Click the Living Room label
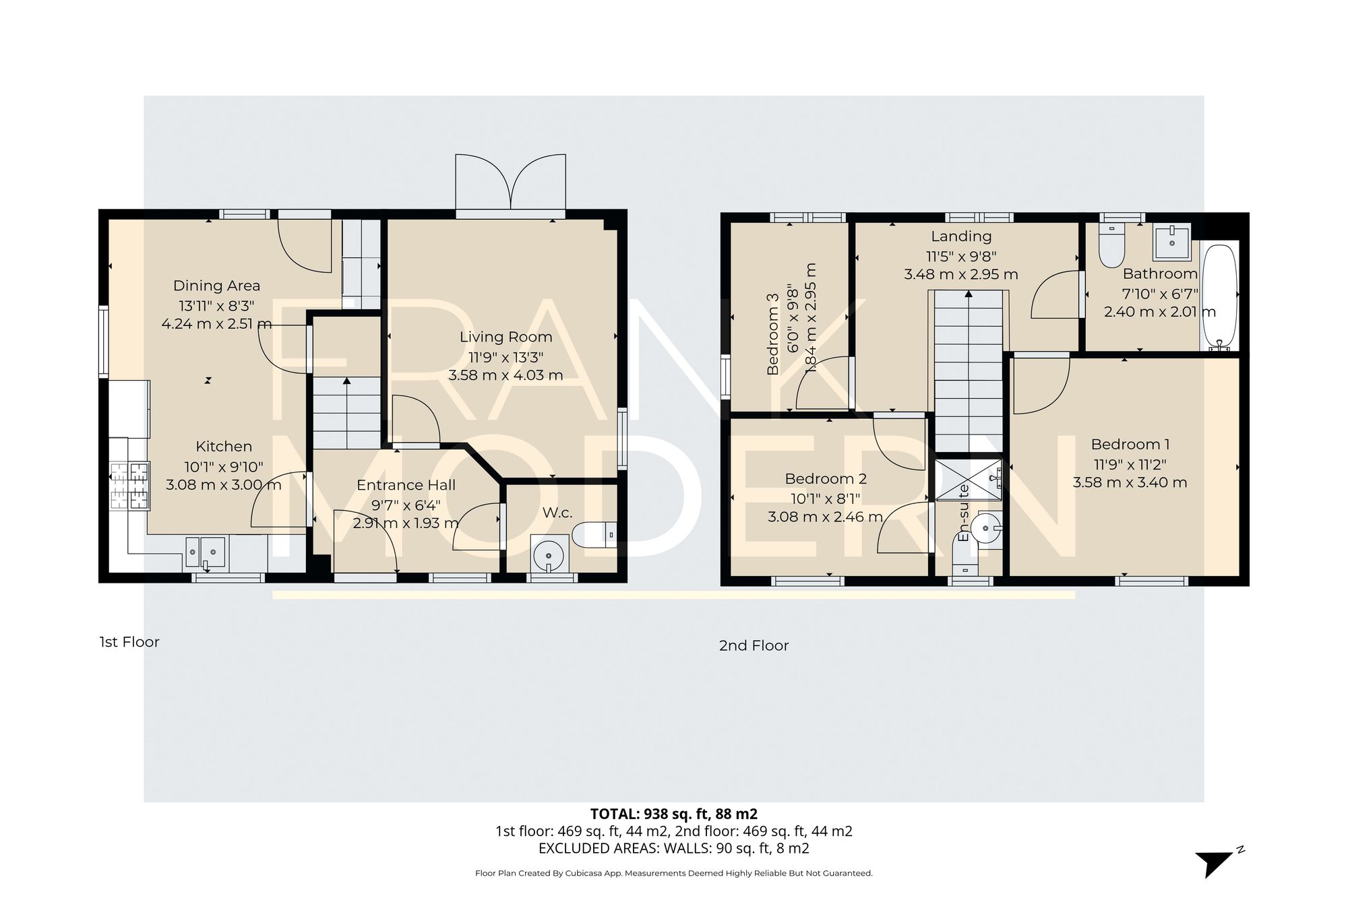coord(506,337)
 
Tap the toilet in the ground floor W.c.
coord(593,535)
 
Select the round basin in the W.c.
coord(548,556)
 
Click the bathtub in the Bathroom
coord(1220,296)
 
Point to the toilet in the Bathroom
coord(1111,246)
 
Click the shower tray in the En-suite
coord(969,480)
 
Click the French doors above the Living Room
coord(510,182)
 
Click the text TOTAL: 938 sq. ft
coord(673,814)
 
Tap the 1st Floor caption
coord(129,642)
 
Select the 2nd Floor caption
coord(754,645)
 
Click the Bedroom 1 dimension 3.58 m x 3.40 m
coord(1130,482)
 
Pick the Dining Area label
coord(216,286)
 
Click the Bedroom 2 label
coord(825,479)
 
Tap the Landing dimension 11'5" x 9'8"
coord(960,256)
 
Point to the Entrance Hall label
coord(406,485)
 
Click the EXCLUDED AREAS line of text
coord(673,849)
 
